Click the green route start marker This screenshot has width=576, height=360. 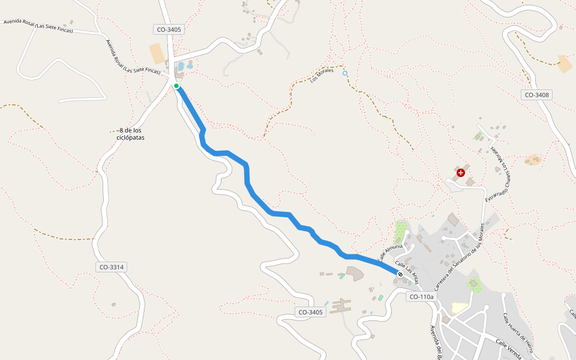click(176, 86)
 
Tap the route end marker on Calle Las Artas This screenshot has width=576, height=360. click(400, 274)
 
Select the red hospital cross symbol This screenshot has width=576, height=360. click(460, 173)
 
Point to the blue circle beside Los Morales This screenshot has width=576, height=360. click(344, 73)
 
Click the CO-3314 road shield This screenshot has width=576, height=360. click(112, 267)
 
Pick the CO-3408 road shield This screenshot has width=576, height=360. click(536, 95)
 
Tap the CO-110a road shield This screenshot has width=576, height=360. click(421, 296)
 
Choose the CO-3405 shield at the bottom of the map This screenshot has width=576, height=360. click(311, 312)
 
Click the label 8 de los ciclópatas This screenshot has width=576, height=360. click(130, 134)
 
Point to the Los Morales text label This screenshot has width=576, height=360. click(322, 75)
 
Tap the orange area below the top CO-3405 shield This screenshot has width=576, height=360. click(157, 53)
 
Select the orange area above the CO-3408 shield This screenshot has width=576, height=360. click(565, 64)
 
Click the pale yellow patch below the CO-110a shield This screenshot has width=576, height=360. click(459, 307)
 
